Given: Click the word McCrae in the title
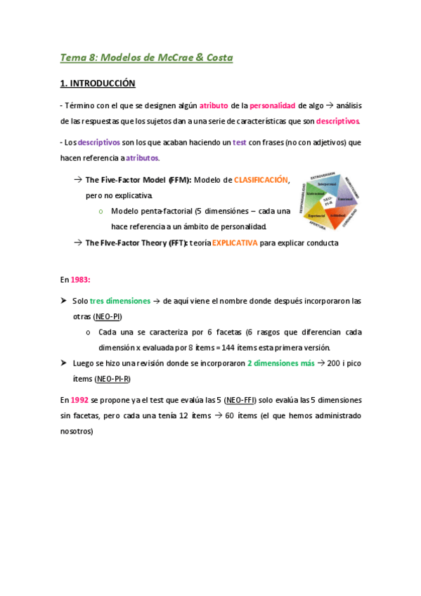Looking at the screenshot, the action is (168, 58).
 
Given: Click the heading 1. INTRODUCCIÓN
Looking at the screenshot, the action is (98, 83).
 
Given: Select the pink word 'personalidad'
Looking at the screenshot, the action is (272, 106).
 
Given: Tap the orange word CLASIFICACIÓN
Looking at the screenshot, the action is (261, 180).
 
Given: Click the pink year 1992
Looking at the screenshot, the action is (79, 399).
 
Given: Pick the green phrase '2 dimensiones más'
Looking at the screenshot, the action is (280, 363).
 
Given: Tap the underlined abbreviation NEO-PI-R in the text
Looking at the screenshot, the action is (112, 379).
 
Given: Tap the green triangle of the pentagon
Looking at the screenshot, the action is (314, 193).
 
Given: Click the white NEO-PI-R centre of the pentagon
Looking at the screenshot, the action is (328, 201).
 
